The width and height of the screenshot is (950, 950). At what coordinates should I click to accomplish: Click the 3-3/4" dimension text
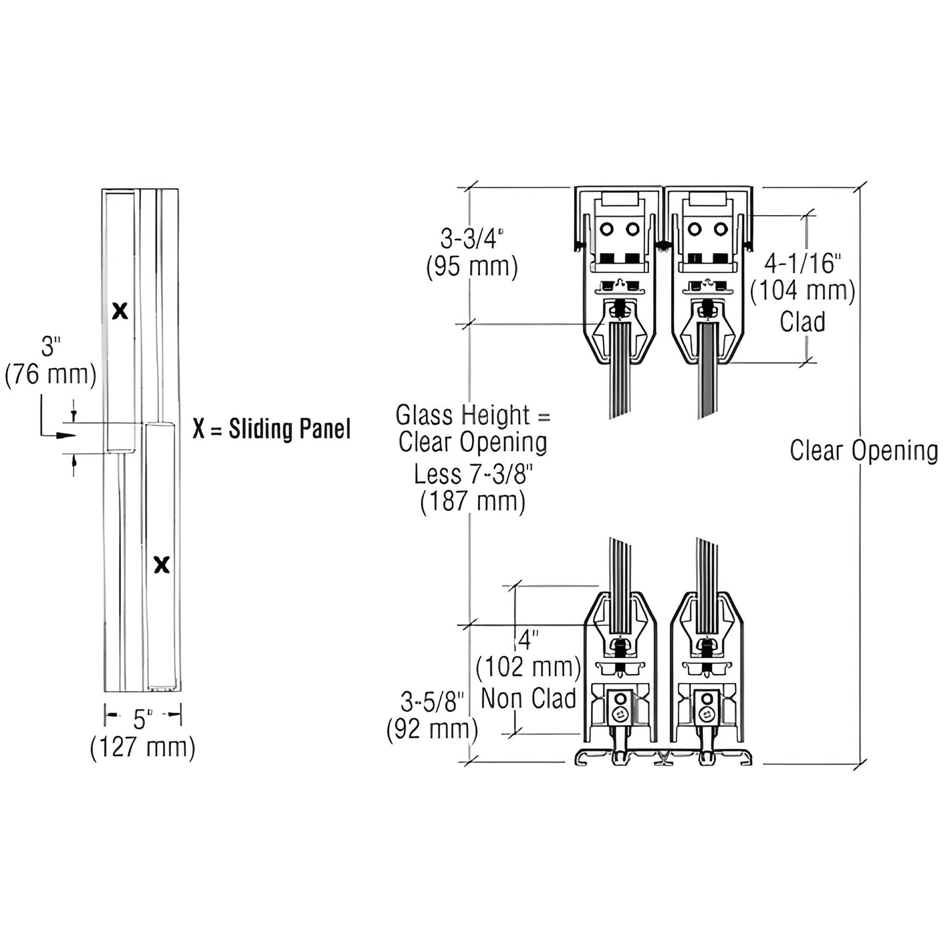tap(471, 238)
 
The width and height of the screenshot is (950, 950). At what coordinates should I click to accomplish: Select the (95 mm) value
tap(471, 266)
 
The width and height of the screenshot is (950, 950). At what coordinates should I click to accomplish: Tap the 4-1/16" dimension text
tap(803, 264)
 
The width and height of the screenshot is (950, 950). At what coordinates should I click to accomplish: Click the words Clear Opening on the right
tap(864, 451)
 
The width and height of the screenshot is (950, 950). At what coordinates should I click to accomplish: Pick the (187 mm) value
tap(473, 502)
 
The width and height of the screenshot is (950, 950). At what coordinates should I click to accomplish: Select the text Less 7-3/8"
tap(473, 473)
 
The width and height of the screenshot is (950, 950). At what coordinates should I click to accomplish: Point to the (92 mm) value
tap(431, 728)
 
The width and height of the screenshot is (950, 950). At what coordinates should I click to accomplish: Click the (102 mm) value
tap(529, 667)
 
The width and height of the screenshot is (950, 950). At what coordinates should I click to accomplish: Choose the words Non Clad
tap(529, 698)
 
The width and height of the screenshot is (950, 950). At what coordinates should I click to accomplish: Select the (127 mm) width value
tap(143, 748)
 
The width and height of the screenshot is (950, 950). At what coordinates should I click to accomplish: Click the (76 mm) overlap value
tap(51, 375)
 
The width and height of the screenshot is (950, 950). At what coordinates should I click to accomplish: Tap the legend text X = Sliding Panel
tap(272, 429)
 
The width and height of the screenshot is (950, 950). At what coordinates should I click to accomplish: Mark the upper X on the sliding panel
tap(120, 311)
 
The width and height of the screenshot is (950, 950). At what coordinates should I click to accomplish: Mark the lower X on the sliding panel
tap(162, 564)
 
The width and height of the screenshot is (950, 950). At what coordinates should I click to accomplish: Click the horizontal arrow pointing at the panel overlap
tap(59, 435)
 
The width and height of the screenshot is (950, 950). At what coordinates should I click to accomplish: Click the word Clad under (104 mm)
tap(802, 321)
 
